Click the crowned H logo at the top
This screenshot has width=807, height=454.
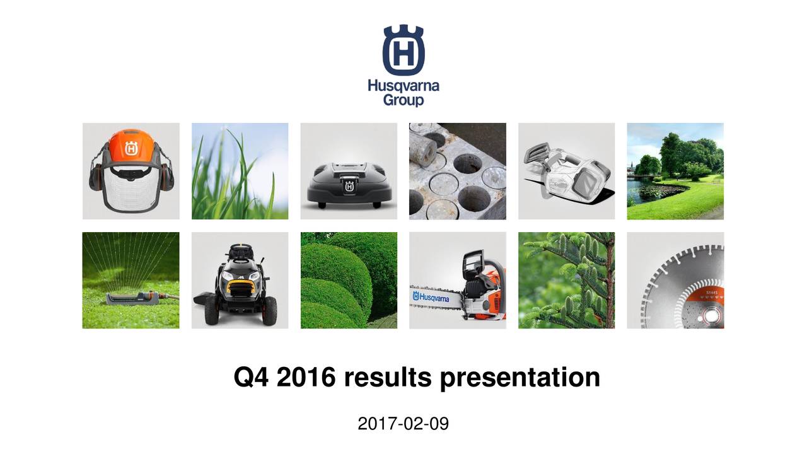403,50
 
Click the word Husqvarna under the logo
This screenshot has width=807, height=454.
403,86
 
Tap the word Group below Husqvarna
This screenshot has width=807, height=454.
403,100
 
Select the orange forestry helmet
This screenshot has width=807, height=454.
131,151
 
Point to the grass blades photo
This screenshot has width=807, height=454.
240,172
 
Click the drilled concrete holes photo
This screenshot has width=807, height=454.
457,172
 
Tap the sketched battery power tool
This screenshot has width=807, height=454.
566,172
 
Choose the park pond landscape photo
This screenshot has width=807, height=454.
675,172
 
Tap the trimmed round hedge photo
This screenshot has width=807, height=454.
349,281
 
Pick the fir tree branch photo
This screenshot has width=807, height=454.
566,281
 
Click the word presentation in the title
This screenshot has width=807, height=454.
520,377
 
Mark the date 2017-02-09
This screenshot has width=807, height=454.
403,424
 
